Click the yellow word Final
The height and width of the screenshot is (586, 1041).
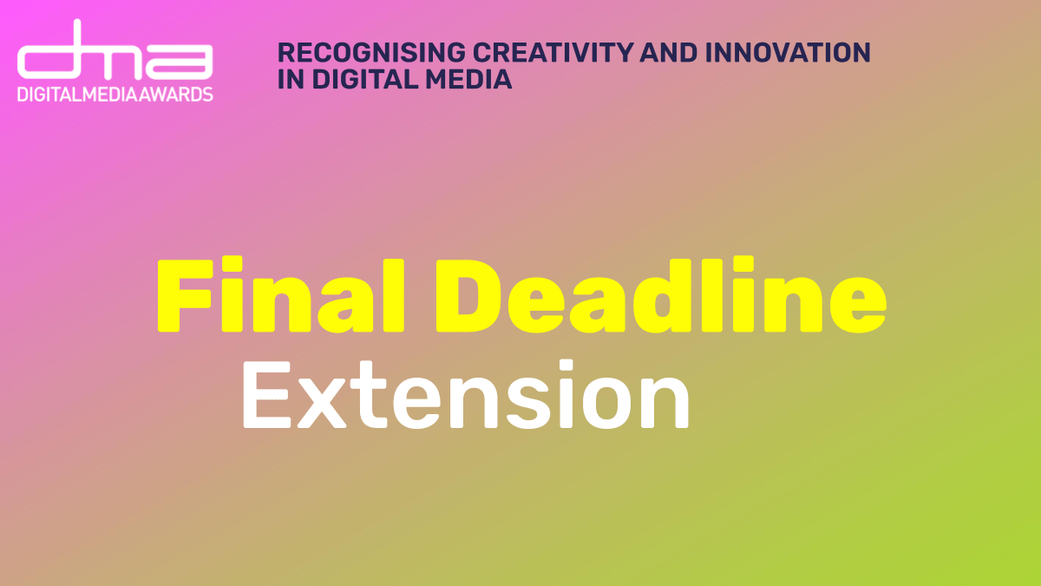pyautogui.click(x=281, y=294)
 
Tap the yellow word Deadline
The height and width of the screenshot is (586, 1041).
pyautogui.click(x=661, y=294)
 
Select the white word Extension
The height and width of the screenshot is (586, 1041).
pyautogui.click(x=466, y=394)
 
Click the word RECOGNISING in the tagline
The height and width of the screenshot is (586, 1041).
pyautogui.click(x=371, y=52)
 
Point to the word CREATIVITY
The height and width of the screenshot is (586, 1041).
pyautogui.click(x=553, y=52)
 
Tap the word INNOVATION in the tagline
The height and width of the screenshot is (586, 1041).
pyautogui.click(x=788, y=52)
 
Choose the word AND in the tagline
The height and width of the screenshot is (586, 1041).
pyautogui.click(x=669, y=52)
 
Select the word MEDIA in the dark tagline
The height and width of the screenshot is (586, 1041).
pyautogui.click(x=468, y=79)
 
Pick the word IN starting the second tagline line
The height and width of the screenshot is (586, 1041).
pyautogui.click(x=291, y=79)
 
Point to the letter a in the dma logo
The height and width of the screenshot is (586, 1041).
pyautogui.click(x=180, y=62)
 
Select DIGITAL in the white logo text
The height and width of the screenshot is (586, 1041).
pyautogui.click(x=49, y=95)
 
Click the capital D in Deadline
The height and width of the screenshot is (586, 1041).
pyautogui.click(x=468, y=295)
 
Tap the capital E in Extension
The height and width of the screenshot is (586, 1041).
pyautogui.click(x=267, y=395)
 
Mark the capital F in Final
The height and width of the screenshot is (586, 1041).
pyautogui.click(x=185, y=295)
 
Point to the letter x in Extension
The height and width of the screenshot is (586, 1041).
pyautogui.click(x=322, y=403)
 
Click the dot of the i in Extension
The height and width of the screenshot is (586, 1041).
pyautogui.click(x=566, y=365)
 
